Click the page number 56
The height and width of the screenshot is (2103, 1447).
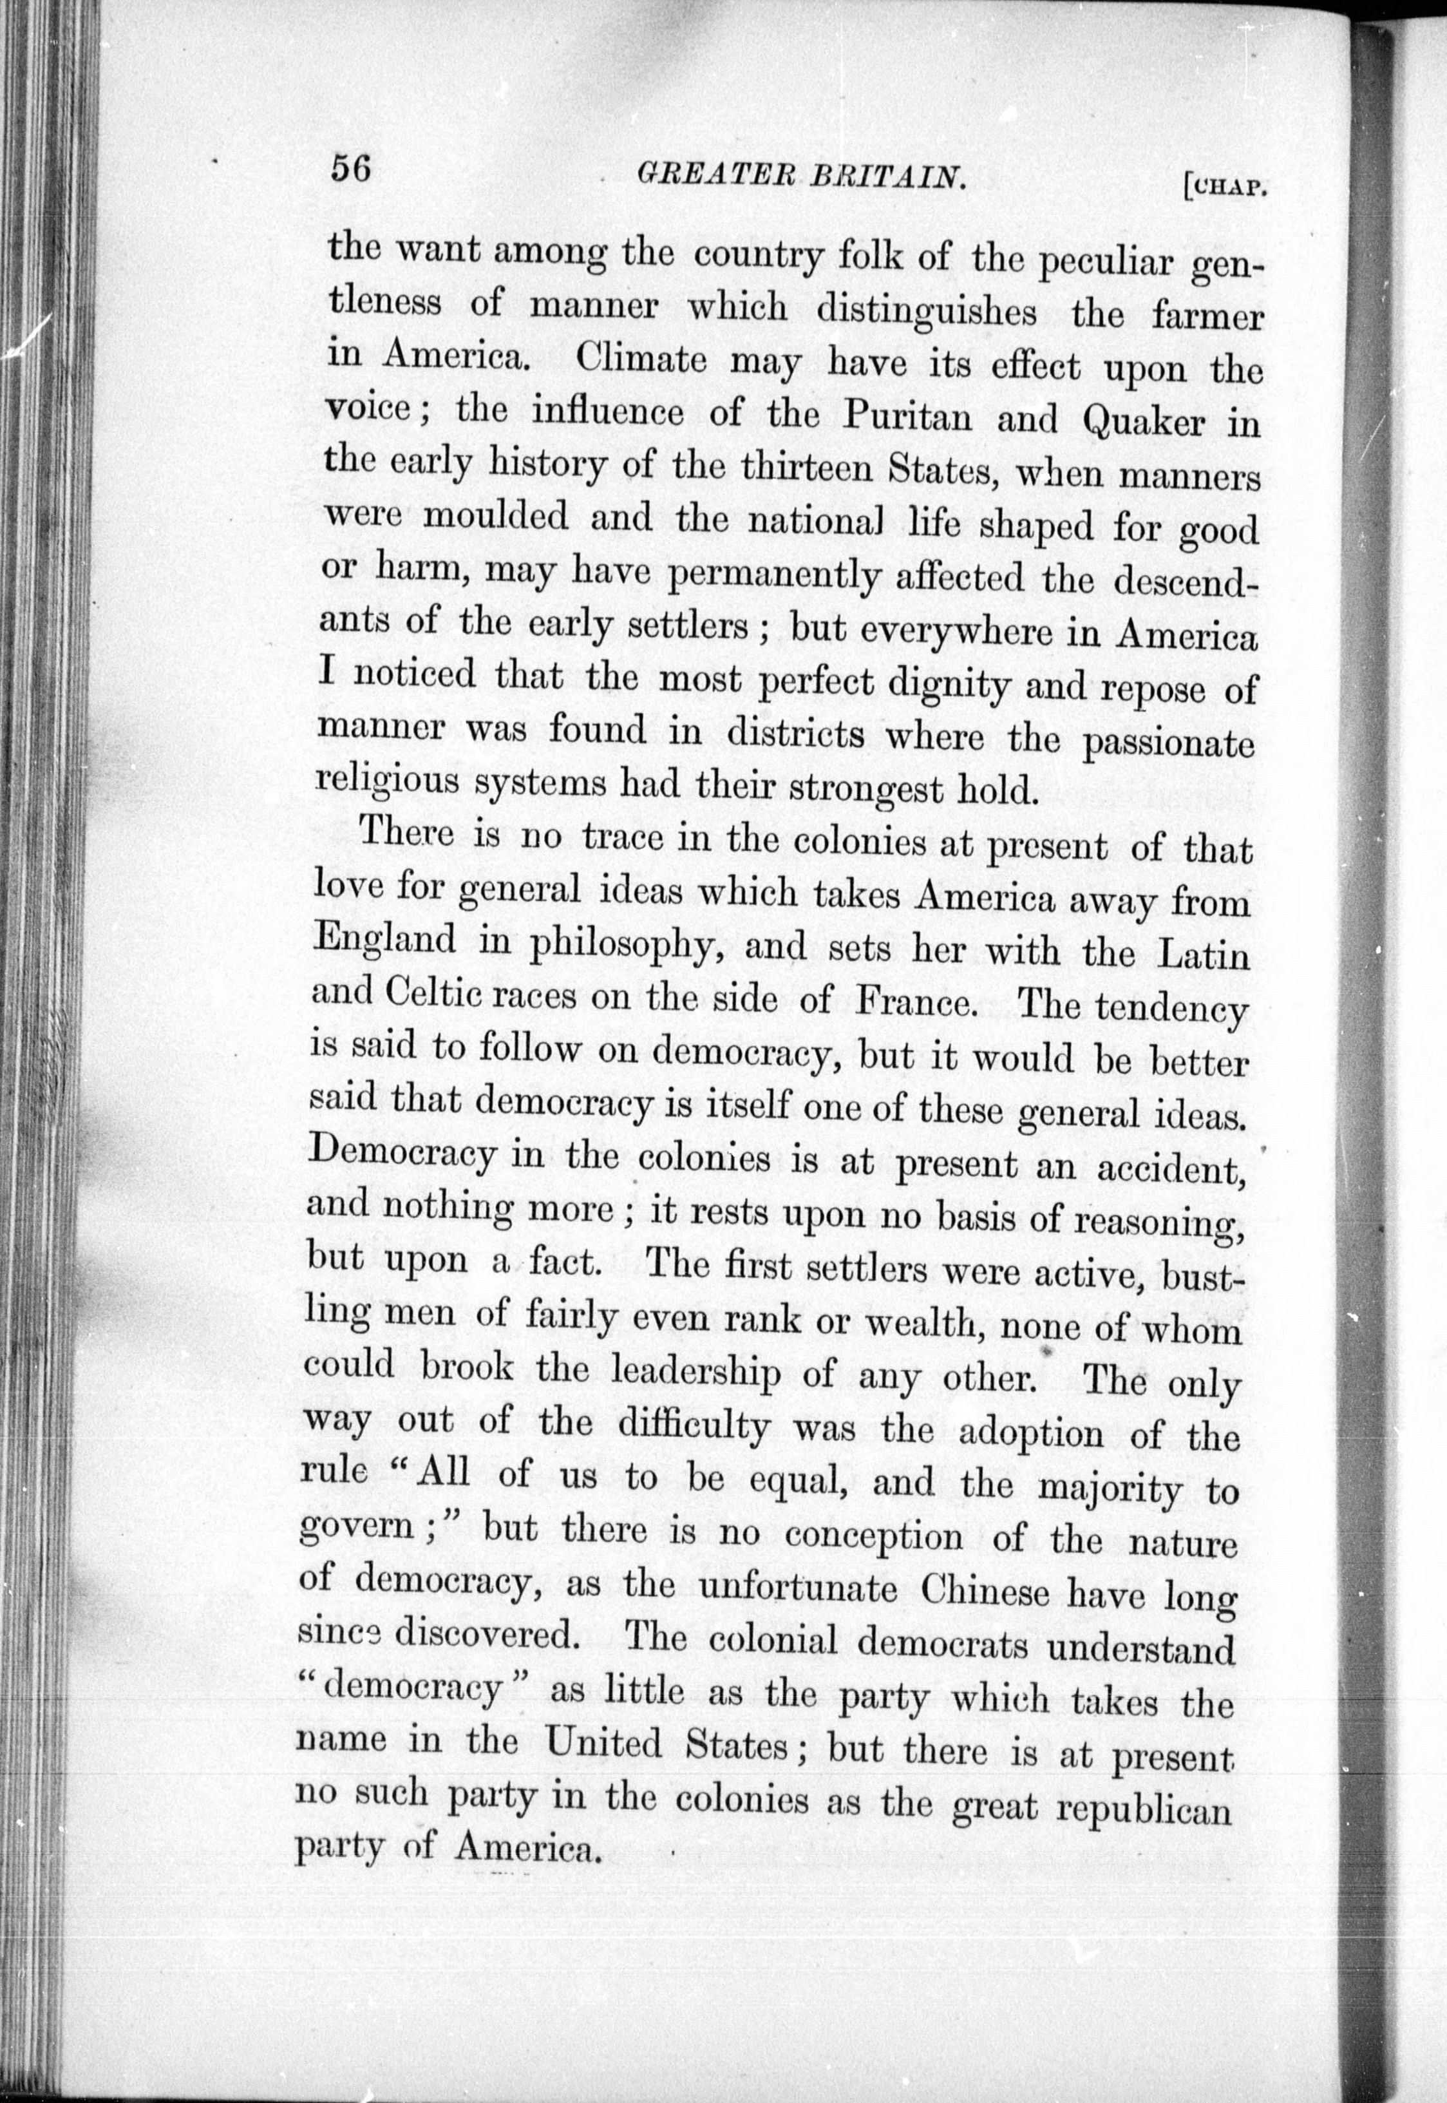351,169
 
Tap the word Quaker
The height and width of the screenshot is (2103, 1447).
1145,422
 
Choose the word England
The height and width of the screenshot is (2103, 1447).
384,938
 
